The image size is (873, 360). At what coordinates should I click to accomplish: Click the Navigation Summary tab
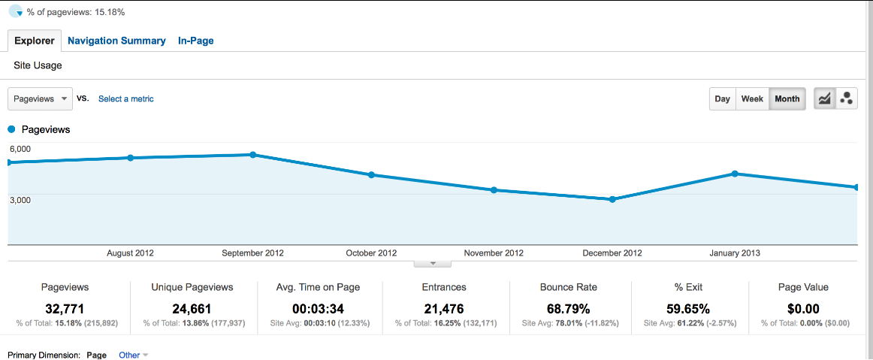click(x=116, y=41)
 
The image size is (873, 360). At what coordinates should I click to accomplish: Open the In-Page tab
click(x=195, y=41)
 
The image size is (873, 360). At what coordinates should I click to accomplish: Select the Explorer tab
click(x=35, y=41)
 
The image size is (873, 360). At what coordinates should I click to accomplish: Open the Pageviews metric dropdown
click(x=41, y=98)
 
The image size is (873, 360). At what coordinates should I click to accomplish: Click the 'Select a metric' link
click(x=126, y=98)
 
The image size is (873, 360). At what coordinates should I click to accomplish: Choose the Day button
click(x=722, y=98)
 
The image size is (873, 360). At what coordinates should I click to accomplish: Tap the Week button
click(x=752, y=98)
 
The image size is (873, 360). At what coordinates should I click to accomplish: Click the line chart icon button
click(x=825, y=98)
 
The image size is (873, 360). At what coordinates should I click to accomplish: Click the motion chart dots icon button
click(x=846, y=98)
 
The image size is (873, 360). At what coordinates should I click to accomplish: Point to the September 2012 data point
click(x=253, y=155)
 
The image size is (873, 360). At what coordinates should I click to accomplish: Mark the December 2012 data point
click(x=612, y=199)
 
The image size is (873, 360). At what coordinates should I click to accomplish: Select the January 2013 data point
click(x=735, y=174)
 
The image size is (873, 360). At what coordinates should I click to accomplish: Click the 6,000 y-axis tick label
click(x=20, y=149)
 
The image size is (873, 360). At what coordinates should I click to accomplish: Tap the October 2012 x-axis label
click(x=371, y=253)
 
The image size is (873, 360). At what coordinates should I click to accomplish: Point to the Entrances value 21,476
click(x=443, y=308)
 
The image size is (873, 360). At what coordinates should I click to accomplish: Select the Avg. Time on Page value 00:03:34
click(x=319, y=308)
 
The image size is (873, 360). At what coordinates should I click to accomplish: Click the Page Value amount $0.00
click(x=805, y=308)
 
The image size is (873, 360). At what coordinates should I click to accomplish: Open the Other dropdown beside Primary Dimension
click(x=134, y=355)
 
